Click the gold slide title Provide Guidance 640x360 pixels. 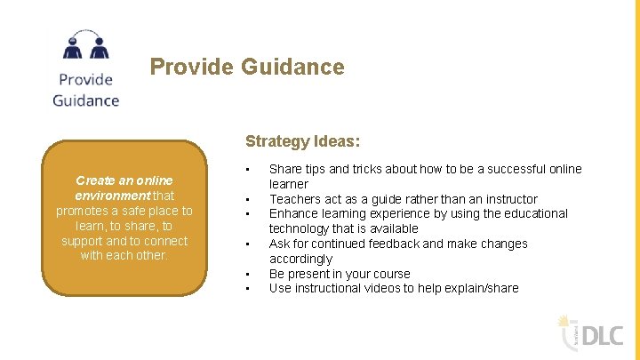pyautogui.click(x=246, y=67)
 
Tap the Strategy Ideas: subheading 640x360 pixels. pyautogui.click(x=302, y=141)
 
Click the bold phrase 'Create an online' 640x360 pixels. pyautogui.click(x=124, y=180)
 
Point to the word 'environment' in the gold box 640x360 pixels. pyautogui.click(x=112, y=196)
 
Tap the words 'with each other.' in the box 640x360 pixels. pyautogui.click(x=124, y=256)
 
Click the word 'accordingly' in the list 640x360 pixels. pyautogui.click(x=300, y=259)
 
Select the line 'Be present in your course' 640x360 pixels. pyautogui.click(x=340, y=274)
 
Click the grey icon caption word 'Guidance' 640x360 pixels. pyautogui.click(x=85, y=100)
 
